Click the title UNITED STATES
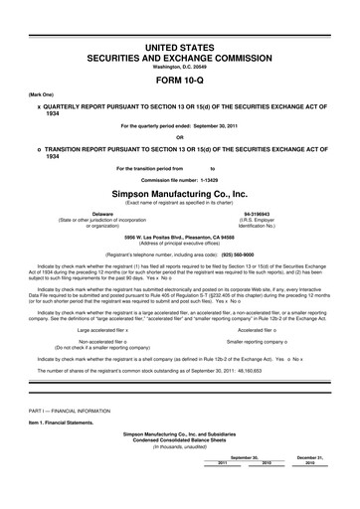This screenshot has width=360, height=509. (180, 19)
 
